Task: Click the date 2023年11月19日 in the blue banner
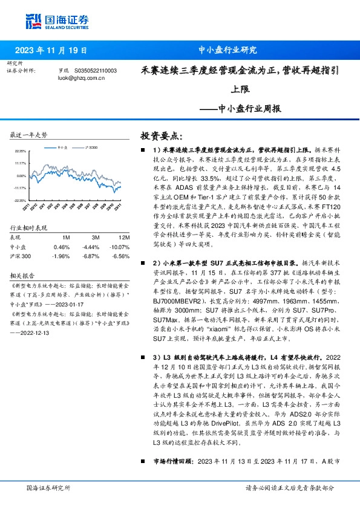coord(51,51)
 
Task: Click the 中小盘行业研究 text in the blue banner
coord(228,51)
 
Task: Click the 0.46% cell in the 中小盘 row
coord(62,247)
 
